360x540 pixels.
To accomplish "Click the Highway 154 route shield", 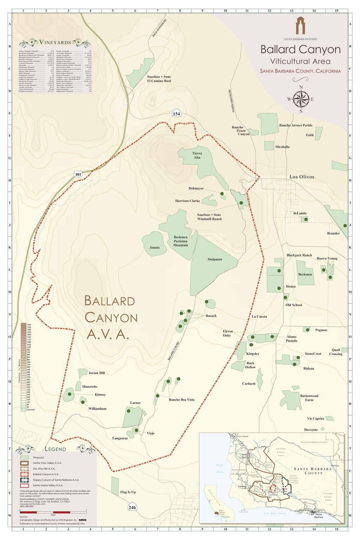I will coord(176,114).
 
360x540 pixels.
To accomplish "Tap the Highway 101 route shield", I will coord(78,174).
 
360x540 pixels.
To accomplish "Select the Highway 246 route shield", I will coord(132,507).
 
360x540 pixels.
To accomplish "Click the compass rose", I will coord(301,99).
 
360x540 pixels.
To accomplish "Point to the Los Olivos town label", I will coord(302,177).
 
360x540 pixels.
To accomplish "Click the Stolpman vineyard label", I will coord(214,259).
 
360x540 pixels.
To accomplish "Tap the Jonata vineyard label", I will coord(154,247).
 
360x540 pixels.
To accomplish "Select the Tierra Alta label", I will coord(197,155).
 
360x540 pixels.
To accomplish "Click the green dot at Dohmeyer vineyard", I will coord(222,194).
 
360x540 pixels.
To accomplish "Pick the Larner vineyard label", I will coord(135,403).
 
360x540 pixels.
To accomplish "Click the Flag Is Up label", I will coord(128,492).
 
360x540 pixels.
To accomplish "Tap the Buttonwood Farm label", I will coord(309,398).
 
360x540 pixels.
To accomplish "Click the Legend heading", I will coord(55,449).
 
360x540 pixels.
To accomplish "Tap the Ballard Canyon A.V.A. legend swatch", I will coord(24,474).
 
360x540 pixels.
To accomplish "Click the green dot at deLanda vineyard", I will coord(306,219).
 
